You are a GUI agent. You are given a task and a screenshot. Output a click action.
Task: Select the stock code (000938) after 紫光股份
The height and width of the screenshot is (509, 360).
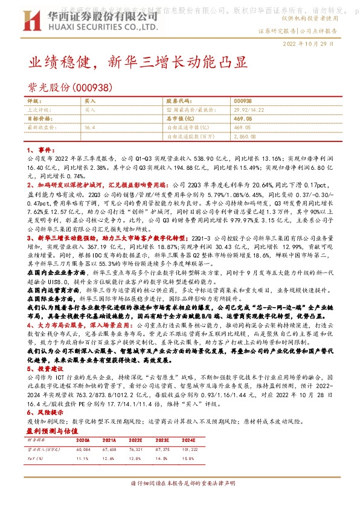pyautogui.click(x=93, y=88)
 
